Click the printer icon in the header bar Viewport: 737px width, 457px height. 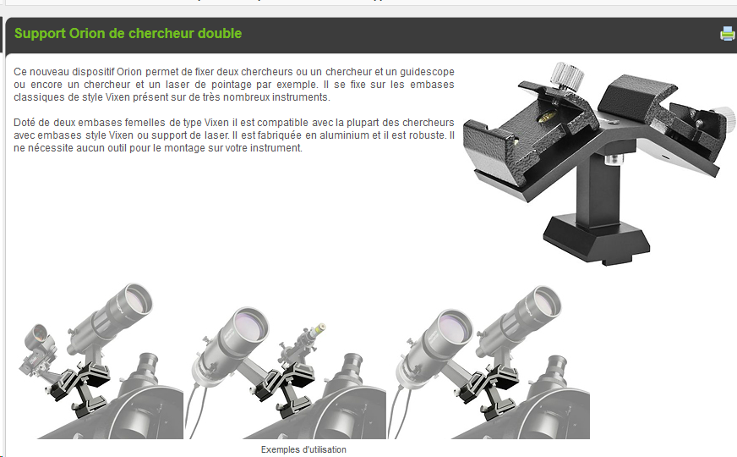pyautogui.click(x=727, y=33)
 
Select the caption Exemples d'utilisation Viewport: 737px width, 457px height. pyautogui.click(x=303, y=449)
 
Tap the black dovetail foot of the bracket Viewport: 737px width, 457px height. pyautogui.click(x=596, y=240)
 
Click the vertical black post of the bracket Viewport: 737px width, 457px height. pyautogui.click(x=598, y=188)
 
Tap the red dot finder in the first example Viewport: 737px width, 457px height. pyautogui.click(x=39, y=349)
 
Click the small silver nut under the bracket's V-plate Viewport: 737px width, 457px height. pyautogui.click(x=613, y=160)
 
